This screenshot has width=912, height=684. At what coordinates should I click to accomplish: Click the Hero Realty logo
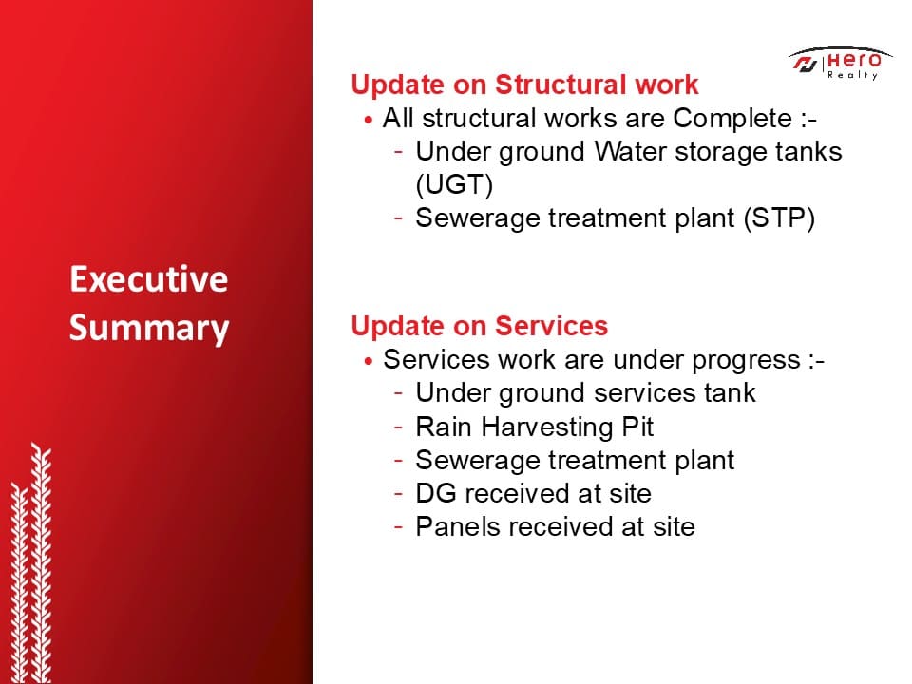tap(840, 63)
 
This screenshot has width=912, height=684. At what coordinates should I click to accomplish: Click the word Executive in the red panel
tap(149, 279)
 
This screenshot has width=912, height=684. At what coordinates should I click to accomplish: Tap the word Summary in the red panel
tap(149, 329)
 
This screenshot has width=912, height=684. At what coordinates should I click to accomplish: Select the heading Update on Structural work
tap(524, 85)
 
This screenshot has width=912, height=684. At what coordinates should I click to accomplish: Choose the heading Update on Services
tap(480, 326)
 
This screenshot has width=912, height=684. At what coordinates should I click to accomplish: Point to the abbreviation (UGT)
tap(454, 185)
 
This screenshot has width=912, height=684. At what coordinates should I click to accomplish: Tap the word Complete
tap(732, 120)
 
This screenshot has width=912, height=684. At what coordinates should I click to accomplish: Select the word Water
tap(631, 152)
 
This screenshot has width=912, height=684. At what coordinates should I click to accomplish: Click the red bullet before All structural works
tap(368, 121)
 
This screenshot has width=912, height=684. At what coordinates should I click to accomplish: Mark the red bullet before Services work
tap(368, 361)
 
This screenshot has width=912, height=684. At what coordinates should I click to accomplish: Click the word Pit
tap(638, 427)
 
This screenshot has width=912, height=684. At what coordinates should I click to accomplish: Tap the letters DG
tap(436, 494)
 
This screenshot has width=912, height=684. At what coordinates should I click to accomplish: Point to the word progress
tap(747, 361)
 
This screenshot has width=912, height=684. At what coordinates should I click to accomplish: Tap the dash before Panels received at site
tap(398, 527)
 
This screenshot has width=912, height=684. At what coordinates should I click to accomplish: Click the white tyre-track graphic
tap(31, 564)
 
